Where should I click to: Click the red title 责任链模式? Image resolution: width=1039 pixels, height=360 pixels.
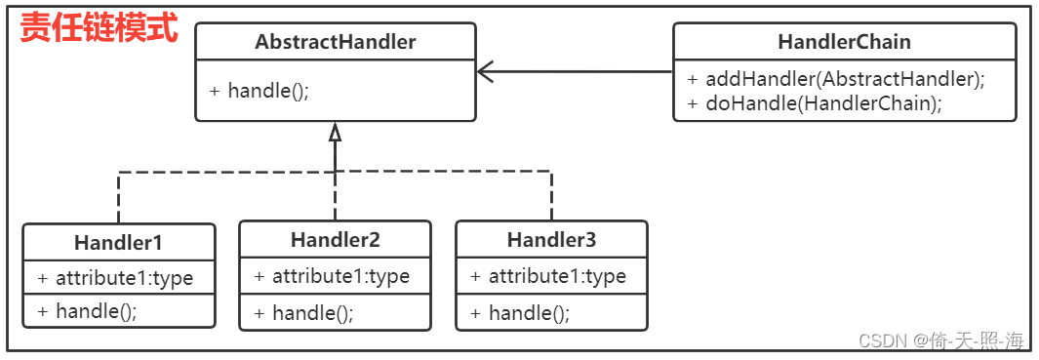click(100, 28)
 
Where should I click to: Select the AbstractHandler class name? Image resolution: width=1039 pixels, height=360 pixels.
click(336, 42)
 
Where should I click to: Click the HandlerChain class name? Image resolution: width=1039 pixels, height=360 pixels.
click(844, 42)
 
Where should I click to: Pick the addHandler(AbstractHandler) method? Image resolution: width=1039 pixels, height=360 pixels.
click(836, 80)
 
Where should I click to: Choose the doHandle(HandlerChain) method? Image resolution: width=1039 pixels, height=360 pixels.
click(815, 103)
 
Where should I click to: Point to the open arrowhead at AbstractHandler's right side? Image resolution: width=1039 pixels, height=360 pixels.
click(486, 71)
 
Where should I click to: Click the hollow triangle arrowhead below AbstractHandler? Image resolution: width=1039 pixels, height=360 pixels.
click(335, 132)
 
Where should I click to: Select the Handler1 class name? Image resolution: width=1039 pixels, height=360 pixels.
click(118, 242)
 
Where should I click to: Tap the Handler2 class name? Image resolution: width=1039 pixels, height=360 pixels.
click(335, 240)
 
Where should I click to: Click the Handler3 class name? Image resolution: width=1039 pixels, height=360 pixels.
click(551, 240)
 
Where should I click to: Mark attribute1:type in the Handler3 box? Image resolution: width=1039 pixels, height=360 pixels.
click(548, 276)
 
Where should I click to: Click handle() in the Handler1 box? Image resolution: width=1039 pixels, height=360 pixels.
click(87, 311)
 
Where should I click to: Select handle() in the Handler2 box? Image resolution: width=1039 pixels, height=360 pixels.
click(303, 313)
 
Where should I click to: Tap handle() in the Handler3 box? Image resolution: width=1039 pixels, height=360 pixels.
click(520, 313)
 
